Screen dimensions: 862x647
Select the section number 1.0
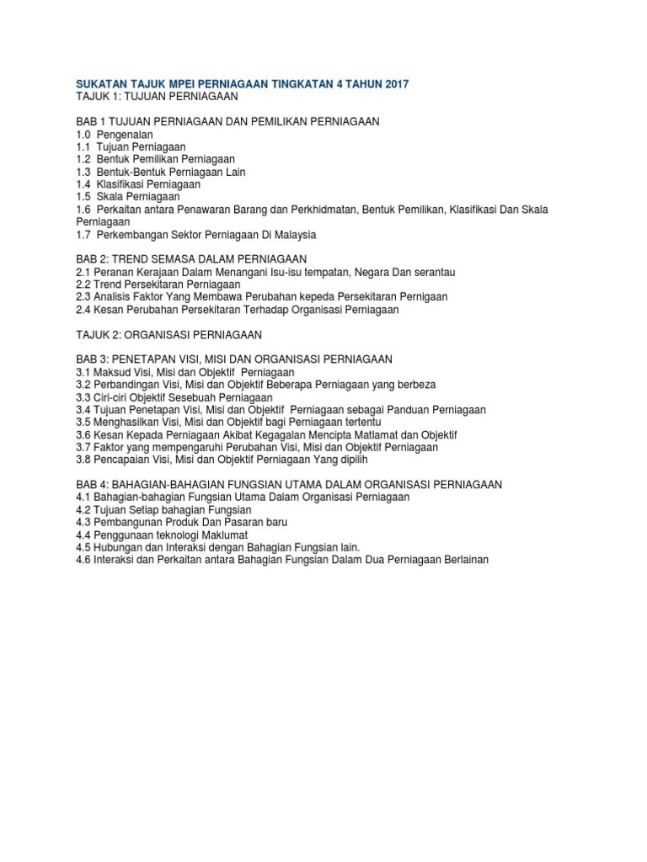click(83, 134)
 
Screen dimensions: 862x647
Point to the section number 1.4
click(83, 184)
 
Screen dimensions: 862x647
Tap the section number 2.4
click(83, 309)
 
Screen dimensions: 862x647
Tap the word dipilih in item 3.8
click(354, 460)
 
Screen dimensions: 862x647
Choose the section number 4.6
click(83, 560)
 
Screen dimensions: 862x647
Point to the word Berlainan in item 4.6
click(462, 560)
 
